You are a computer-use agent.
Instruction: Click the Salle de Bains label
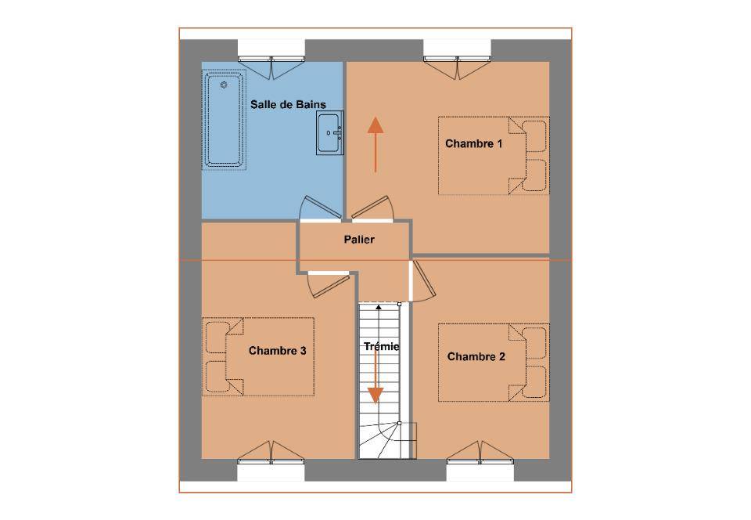coord(288,104)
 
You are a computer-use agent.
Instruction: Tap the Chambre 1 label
coord(474,143)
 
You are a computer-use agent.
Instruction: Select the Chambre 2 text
coord(476,356)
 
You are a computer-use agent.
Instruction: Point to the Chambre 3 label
coord(277,351)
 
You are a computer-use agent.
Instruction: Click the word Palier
coord(359,239)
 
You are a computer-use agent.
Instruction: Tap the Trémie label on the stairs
coord(381,346)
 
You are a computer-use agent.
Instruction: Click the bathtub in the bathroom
coord(224,120)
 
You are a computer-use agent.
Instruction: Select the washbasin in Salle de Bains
coord(329,133)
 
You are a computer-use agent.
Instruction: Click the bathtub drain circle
coord(223,85)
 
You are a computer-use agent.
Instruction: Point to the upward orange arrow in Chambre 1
coord(375,144)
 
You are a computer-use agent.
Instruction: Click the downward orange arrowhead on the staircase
coord(375,395)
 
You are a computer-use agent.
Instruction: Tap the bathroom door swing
coord(319,208)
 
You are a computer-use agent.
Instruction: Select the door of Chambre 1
coord(372,209)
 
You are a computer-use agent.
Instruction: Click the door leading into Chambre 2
coord(422,281)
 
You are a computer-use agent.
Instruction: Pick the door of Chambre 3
coord(328,284)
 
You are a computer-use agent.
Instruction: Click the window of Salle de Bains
coord(271,60)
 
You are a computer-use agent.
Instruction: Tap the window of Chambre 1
coord(458,60)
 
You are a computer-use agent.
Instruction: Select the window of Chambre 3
coord(271,461)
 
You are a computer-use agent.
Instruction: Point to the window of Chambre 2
coord(480,461)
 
